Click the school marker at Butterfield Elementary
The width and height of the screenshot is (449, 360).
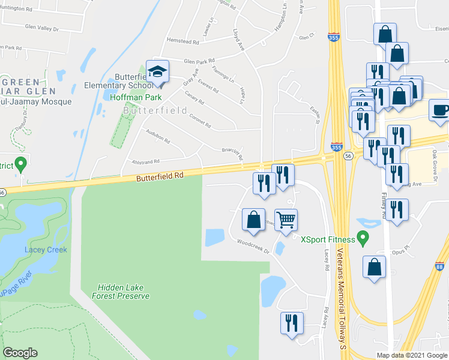point(157,73)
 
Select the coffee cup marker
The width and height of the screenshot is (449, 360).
point(441,110)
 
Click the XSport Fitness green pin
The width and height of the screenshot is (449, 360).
point(363,239)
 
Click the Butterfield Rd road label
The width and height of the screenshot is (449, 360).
point(158,176)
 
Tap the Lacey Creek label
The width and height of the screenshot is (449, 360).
point(46,250)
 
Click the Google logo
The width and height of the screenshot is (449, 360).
point(20,353)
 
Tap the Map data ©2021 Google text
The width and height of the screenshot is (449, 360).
point(412,355)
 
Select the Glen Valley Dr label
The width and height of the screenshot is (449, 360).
point(42,28)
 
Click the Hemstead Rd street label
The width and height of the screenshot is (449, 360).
point(182,41)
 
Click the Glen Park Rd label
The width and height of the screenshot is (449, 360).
point(199,61)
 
